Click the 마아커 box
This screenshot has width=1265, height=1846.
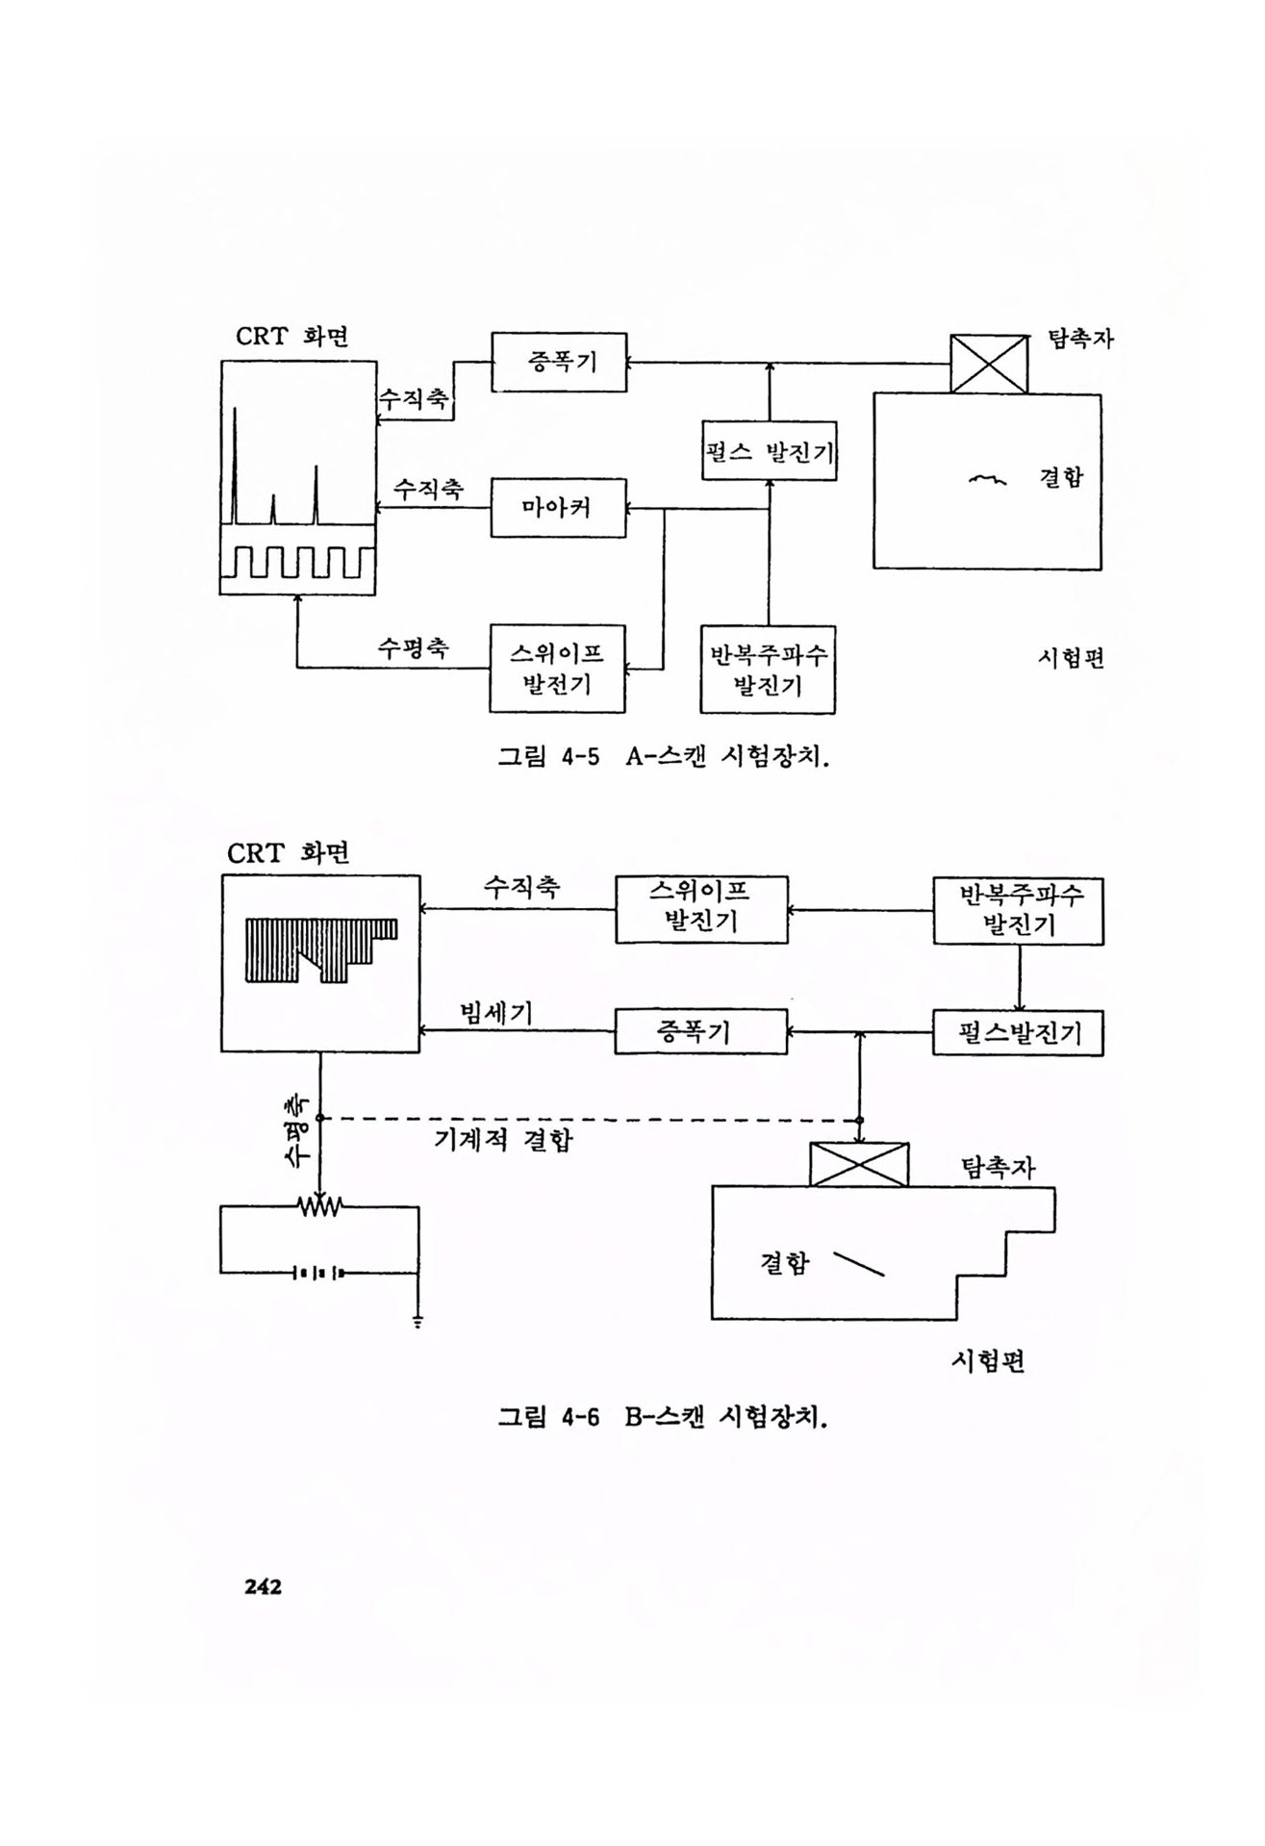click(558, 507)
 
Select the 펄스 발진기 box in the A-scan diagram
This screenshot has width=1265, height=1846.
click(769, 451)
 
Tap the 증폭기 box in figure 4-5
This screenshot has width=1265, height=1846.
click(559, 362)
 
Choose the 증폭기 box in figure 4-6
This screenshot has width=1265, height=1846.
click(700, 1032)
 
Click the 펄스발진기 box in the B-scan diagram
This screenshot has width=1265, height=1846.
click(1018, 1033)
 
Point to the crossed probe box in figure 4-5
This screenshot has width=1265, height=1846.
click(988, 364)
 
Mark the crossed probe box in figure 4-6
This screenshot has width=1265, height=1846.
click(859, 1164)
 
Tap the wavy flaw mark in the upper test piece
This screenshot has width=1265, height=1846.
click(987, 478)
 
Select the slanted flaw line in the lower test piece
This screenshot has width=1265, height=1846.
click(858, 1264)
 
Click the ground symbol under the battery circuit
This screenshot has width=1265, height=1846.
click(418, 1321)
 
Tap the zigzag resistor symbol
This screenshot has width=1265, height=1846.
click(319, 1205)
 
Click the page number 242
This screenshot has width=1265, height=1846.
click(263, 1587)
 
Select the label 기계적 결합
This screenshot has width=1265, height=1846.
click(503, 1140)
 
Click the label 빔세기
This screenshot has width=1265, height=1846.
click(496, 1013)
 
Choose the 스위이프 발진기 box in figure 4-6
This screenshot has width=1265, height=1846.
click(700, 908)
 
